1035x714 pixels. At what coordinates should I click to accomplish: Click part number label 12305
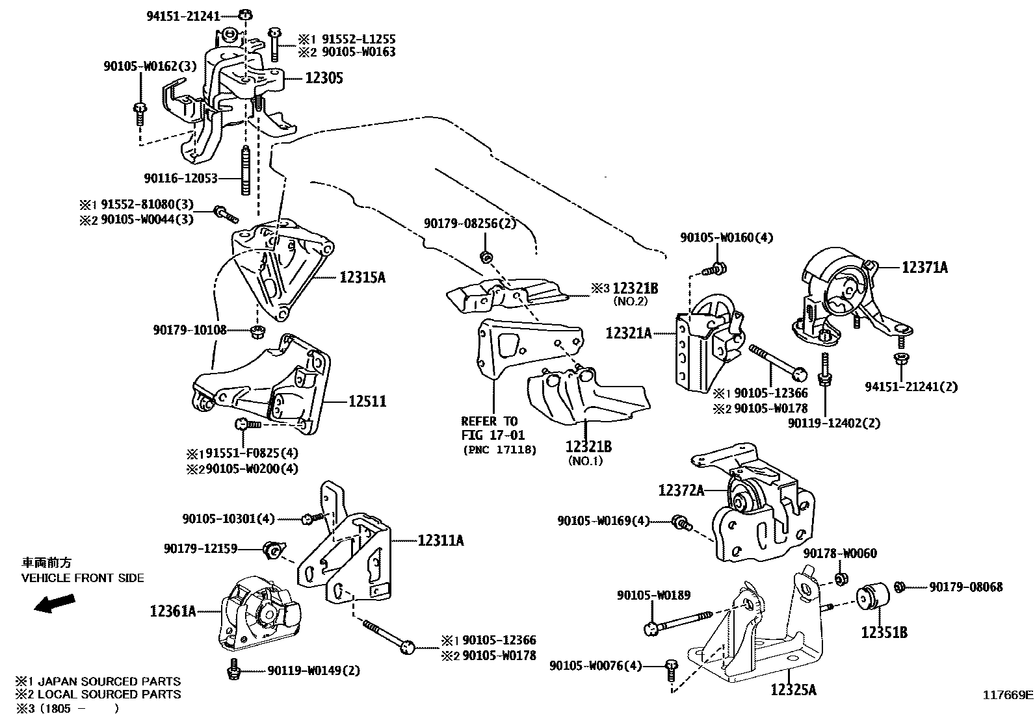coord(324,79)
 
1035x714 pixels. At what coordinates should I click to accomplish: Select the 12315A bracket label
coord(362,277)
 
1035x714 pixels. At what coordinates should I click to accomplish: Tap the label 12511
coord(367,402)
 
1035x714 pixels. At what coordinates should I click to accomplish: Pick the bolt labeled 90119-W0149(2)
coord(233,669)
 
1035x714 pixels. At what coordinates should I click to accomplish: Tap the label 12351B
coord(884,632)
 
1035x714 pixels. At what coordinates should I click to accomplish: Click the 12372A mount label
coord(681,491)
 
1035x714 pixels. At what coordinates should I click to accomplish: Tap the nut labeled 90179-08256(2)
coord(485,257)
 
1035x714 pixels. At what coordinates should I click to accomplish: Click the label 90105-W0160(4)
coord(727,238)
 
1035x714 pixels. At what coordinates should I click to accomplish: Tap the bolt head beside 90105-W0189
coord(651,628)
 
